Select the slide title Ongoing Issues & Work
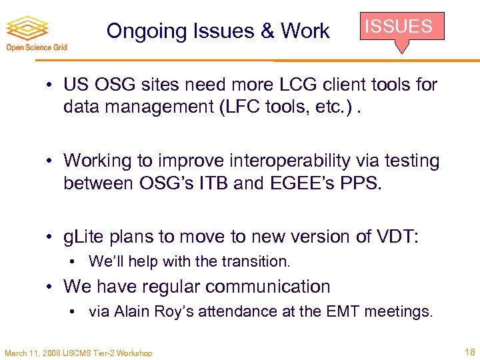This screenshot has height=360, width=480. (x=218, y=31)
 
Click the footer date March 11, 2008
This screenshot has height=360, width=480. (x=32, y=353)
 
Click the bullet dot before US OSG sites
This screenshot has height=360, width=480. (x=51, y=85)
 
